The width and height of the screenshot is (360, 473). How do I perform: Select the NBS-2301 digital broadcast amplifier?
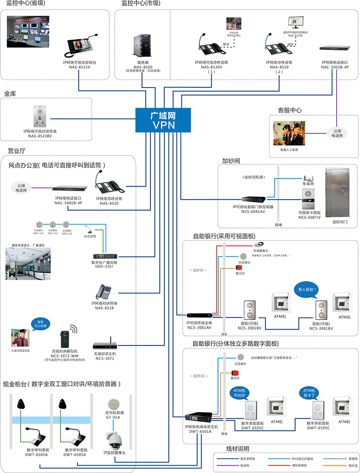pyautogui.click(x=104, y=255)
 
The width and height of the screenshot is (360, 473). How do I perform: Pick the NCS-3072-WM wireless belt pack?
pyautogui.click(x=64, y=340)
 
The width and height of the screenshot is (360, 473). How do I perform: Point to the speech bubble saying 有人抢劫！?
pyautogui.click(x=306, y=290)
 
